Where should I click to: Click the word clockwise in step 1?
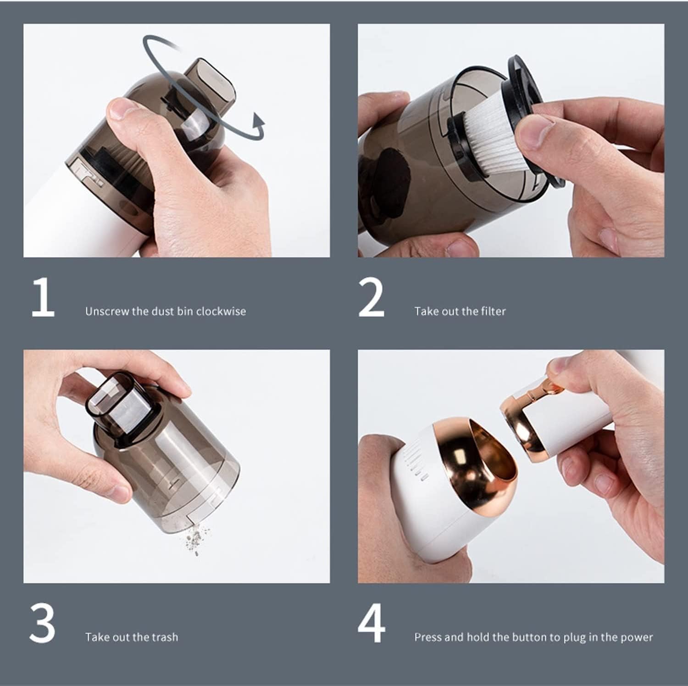[x=221, y=311]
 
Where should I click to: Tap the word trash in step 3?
[x=165, y=637]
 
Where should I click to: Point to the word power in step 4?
[x=636, y=637]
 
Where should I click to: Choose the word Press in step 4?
[x=428, y=637]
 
